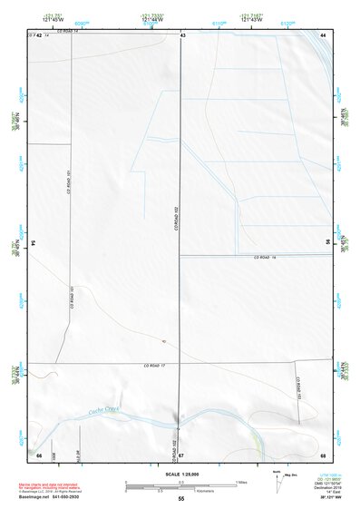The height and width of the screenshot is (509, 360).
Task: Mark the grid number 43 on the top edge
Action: (183, 34)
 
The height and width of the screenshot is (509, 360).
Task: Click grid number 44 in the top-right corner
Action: (323, 34)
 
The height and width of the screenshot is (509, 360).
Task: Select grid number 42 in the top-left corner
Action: (38, 34)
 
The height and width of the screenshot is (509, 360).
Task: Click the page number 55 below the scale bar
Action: (181, 499)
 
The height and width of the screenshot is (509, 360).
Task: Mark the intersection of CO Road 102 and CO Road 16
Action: (180, 255)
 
